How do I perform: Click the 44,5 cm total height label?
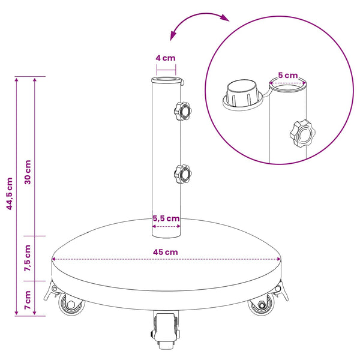click(x=10, y=194)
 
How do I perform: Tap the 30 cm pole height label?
click(x=28, y=172)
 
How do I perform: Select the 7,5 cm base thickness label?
click(x=28, y=258)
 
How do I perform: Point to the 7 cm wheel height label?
click(x=28, y=300)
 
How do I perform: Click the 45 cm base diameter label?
click(x=166, y=252)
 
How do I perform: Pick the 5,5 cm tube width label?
click(x=166, y=218)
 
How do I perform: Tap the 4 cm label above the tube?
click(x=166, y=58)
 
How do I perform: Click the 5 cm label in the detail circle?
click(x=288, y=75)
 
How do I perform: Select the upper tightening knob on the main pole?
click(x=183, y=111)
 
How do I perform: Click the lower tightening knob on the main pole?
click(x=183, y=174)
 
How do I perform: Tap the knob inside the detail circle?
click(x=302, y=133)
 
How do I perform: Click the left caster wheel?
click(x=71, y=304)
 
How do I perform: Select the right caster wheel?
click(x=261, y=304)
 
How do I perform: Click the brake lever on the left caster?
click(x=51, y=290)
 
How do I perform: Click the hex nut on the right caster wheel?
click(x=262, y=305)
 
